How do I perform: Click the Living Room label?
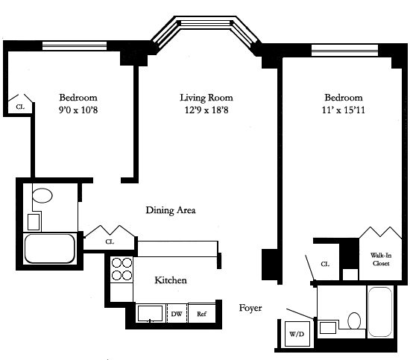pyautogui.click(x=206, y=98)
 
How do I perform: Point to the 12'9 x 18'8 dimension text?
pyautogui.click(x=206, y=110)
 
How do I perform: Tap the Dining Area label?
pyautogui.click(x=171, y=210)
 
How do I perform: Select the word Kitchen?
pyautogui.click(x=171, y=280)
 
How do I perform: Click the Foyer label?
pyautogui.click(x=250, y=308)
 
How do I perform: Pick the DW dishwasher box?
pyautogui.click(x=177, y=313)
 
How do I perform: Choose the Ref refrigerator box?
pyautogui.click(x=201, y=313)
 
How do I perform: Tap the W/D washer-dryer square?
pyautogui.click(x=297, y=334)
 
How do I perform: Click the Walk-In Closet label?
pyautogui.click(x=381, y=259)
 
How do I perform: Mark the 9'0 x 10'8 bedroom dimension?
pyautogui.click(x=78, y=110)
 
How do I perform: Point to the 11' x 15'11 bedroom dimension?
pyautogui.click(x=344, y=110)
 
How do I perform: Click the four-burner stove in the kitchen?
pyautogui.click(x=122, y=269)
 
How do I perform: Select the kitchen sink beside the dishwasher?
pyautogui.click(x=150, y=313)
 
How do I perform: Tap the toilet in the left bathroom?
pyautogui.click(x=42, y=195)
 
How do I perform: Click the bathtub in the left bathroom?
pyautogui.click(x=50, y=249)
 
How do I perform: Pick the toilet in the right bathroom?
pyautogui.click(x=354, y=320)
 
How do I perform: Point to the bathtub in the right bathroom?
pyautogui.click(x=380, y=312)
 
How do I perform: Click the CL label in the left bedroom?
pyautogui.click(x=20, y=107)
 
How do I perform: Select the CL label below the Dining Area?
pyautogui.click(x=110, y=241)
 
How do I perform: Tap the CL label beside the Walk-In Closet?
pyautogui.click(x=325, y=265)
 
